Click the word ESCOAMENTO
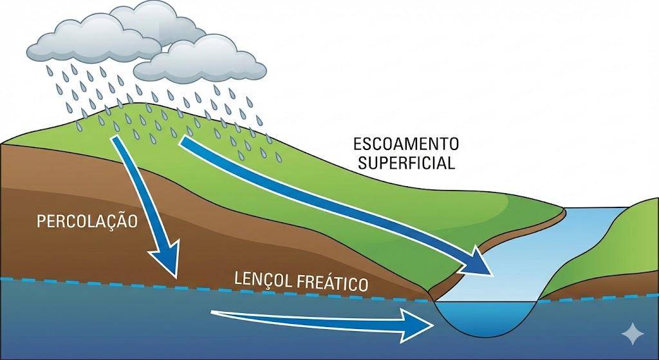point(406,144)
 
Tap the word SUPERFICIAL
point(407,163)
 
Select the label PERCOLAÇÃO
point(88,220)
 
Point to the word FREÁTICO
point(333,283)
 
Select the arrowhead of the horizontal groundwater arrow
point(417,325)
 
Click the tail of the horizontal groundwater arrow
point(212,312)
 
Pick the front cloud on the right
point(200,59)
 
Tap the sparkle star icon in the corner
point(633,334)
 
